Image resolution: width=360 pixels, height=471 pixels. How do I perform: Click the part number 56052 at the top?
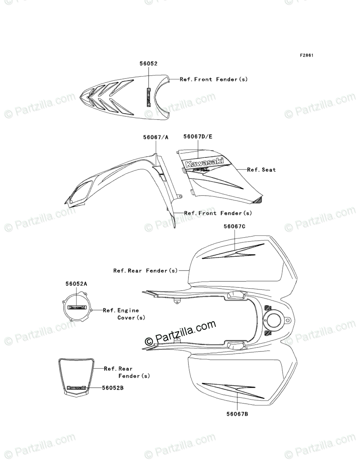coord(148,64)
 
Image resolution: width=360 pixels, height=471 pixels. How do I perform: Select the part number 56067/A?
coord(155,137)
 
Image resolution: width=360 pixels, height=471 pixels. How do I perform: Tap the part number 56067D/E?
coord(198,137)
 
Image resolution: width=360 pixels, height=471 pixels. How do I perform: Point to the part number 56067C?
coord(235,226)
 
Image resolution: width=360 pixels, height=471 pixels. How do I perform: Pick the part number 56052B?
coord(113,388)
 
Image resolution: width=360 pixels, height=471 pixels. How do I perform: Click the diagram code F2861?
coord(306,55)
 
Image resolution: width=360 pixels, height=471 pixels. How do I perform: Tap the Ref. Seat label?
coord(262,170)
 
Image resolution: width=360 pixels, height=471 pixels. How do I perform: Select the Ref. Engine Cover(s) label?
coord(121,314)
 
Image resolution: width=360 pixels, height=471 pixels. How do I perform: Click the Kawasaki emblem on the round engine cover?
coord(77,308)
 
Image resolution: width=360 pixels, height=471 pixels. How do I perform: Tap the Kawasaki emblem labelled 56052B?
coord(76,388)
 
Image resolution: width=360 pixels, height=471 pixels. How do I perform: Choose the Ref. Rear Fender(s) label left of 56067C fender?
coord(145,271)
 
